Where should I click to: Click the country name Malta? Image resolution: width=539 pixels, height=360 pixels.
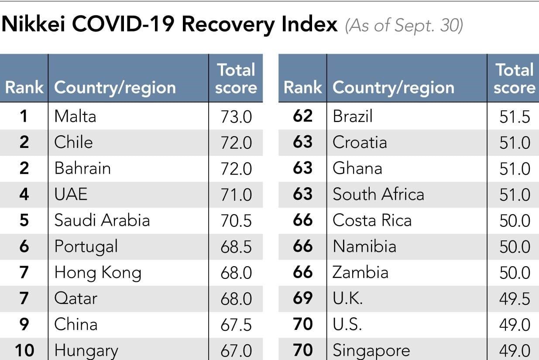tap(75, 117)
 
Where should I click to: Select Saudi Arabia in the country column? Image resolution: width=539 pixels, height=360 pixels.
tap(102, 220)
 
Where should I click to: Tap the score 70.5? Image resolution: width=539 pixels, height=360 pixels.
tap(236, 221)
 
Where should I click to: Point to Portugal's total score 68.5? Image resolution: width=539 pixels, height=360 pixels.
tap(236, 247)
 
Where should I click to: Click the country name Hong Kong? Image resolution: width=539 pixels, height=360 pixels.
tap(98, 273)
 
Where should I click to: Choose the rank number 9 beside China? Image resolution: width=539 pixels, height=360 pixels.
tap(24, 324)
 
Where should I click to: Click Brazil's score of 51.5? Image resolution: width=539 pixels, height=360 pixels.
tap(515, 117)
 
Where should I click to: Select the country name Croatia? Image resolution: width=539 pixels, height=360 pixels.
tap(360, 142)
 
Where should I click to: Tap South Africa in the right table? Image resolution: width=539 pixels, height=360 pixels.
tap(378, 194)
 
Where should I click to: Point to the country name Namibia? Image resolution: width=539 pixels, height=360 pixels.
tap(364, 246)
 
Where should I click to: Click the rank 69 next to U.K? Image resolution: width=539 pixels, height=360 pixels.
tap(303, 298)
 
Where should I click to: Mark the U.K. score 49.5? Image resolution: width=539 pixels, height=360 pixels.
tap(515, 299)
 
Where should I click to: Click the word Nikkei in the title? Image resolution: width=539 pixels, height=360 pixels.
tap(33, 24)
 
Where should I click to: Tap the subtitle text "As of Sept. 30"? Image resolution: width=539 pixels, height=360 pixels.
tap(404, 25)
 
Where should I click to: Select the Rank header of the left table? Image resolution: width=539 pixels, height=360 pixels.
tap(24, 87)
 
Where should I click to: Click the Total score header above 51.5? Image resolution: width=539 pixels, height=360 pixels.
tap(515, 79)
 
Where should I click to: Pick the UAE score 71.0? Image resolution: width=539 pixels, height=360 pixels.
tap(236, 195)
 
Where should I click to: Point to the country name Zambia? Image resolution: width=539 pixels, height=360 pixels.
tap(360, 272)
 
